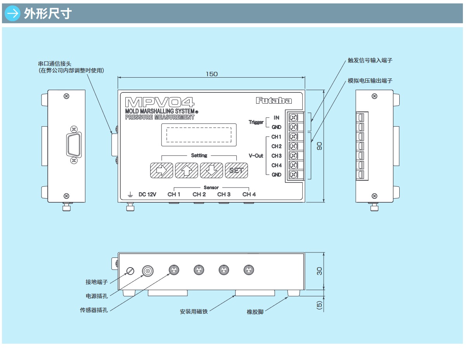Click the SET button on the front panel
[236, 170]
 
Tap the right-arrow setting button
[161, 170]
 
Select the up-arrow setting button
[186, 170]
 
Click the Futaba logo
[274, 101]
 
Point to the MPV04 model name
[160, 102]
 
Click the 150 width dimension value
[211, 74]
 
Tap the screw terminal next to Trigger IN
[294, 117]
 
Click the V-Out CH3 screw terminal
[294, 155]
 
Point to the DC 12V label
[147, 195]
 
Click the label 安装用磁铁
[194, 311]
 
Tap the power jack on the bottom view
[147, 271]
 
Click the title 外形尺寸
[48, 14]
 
